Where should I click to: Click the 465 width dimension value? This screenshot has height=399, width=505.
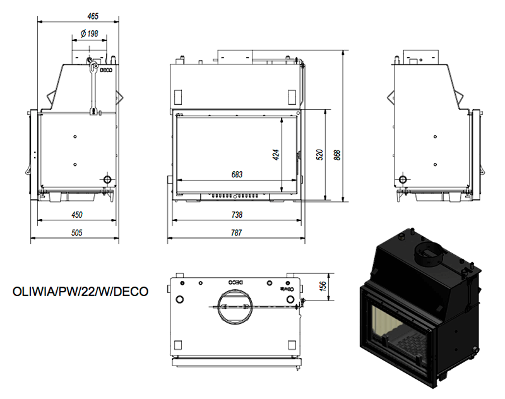pyautogui.click(x=93, y=16)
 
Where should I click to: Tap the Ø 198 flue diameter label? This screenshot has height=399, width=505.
pyautogui.click(x=89, y=33)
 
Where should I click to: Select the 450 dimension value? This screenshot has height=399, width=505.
pyautogui.click(x=77, y=215)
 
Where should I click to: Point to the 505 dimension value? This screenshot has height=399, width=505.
pyautogui.click(x=77, y=232)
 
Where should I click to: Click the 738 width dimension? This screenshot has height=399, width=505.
pyautogui.click(x=237, y=215)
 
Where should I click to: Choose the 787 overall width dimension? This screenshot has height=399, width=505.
pyautogui.click(x=236, y=232)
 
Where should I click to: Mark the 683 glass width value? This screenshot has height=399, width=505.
pyautogui.click(x=237, y=174)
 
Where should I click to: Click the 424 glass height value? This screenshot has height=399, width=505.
pyautogui.click(x=276, y=155)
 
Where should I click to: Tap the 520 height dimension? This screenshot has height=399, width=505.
pyautogui.click(x=319, y=155)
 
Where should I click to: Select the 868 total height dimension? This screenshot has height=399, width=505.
pyautogui.click(x=337, y=155)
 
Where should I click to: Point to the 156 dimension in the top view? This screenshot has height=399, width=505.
pyautogui.click(x=323, y=285)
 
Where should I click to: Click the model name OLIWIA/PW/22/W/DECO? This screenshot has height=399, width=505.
pyautogui.click(x=81, y=292)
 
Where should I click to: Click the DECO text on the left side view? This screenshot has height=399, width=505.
pyautogui.click(x=106, y=70)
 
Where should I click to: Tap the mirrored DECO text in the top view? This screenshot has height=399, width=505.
pyautogui.click(x=235, y=282)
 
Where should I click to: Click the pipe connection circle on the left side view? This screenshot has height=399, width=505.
pyautogui.click(x=108, y=179)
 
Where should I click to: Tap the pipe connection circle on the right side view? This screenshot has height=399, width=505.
pyautogui.click(x=403, y=179)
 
